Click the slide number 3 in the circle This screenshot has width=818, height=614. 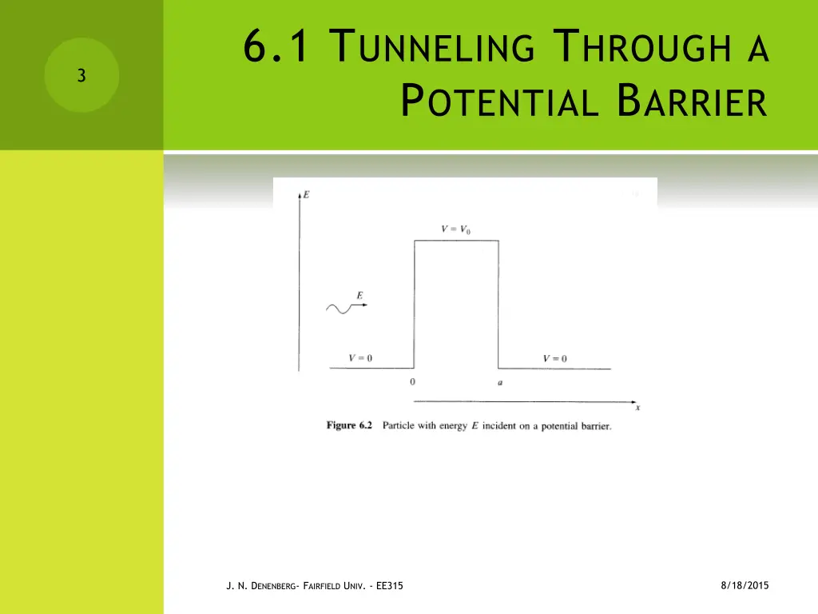(x=81, y=76)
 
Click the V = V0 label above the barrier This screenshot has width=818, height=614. (x=456, y=229)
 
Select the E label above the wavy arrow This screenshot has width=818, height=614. (x=360, y=296)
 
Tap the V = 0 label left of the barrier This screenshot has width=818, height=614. (x=360, y=357)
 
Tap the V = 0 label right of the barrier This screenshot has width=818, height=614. (x=554, y=358)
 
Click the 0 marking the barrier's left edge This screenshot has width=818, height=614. (x=412, y=382)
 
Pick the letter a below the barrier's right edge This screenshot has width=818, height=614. (x=500, y=383)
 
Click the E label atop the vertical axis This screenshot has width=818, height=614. (x=307, y=194)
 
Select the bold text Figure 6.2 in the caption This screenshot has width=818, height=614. (x=350, y=425)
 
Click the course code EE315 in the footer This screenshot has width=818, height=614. (x=388, y=586)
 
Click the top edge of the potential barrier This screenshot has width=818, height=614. (x=456, y=241)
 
